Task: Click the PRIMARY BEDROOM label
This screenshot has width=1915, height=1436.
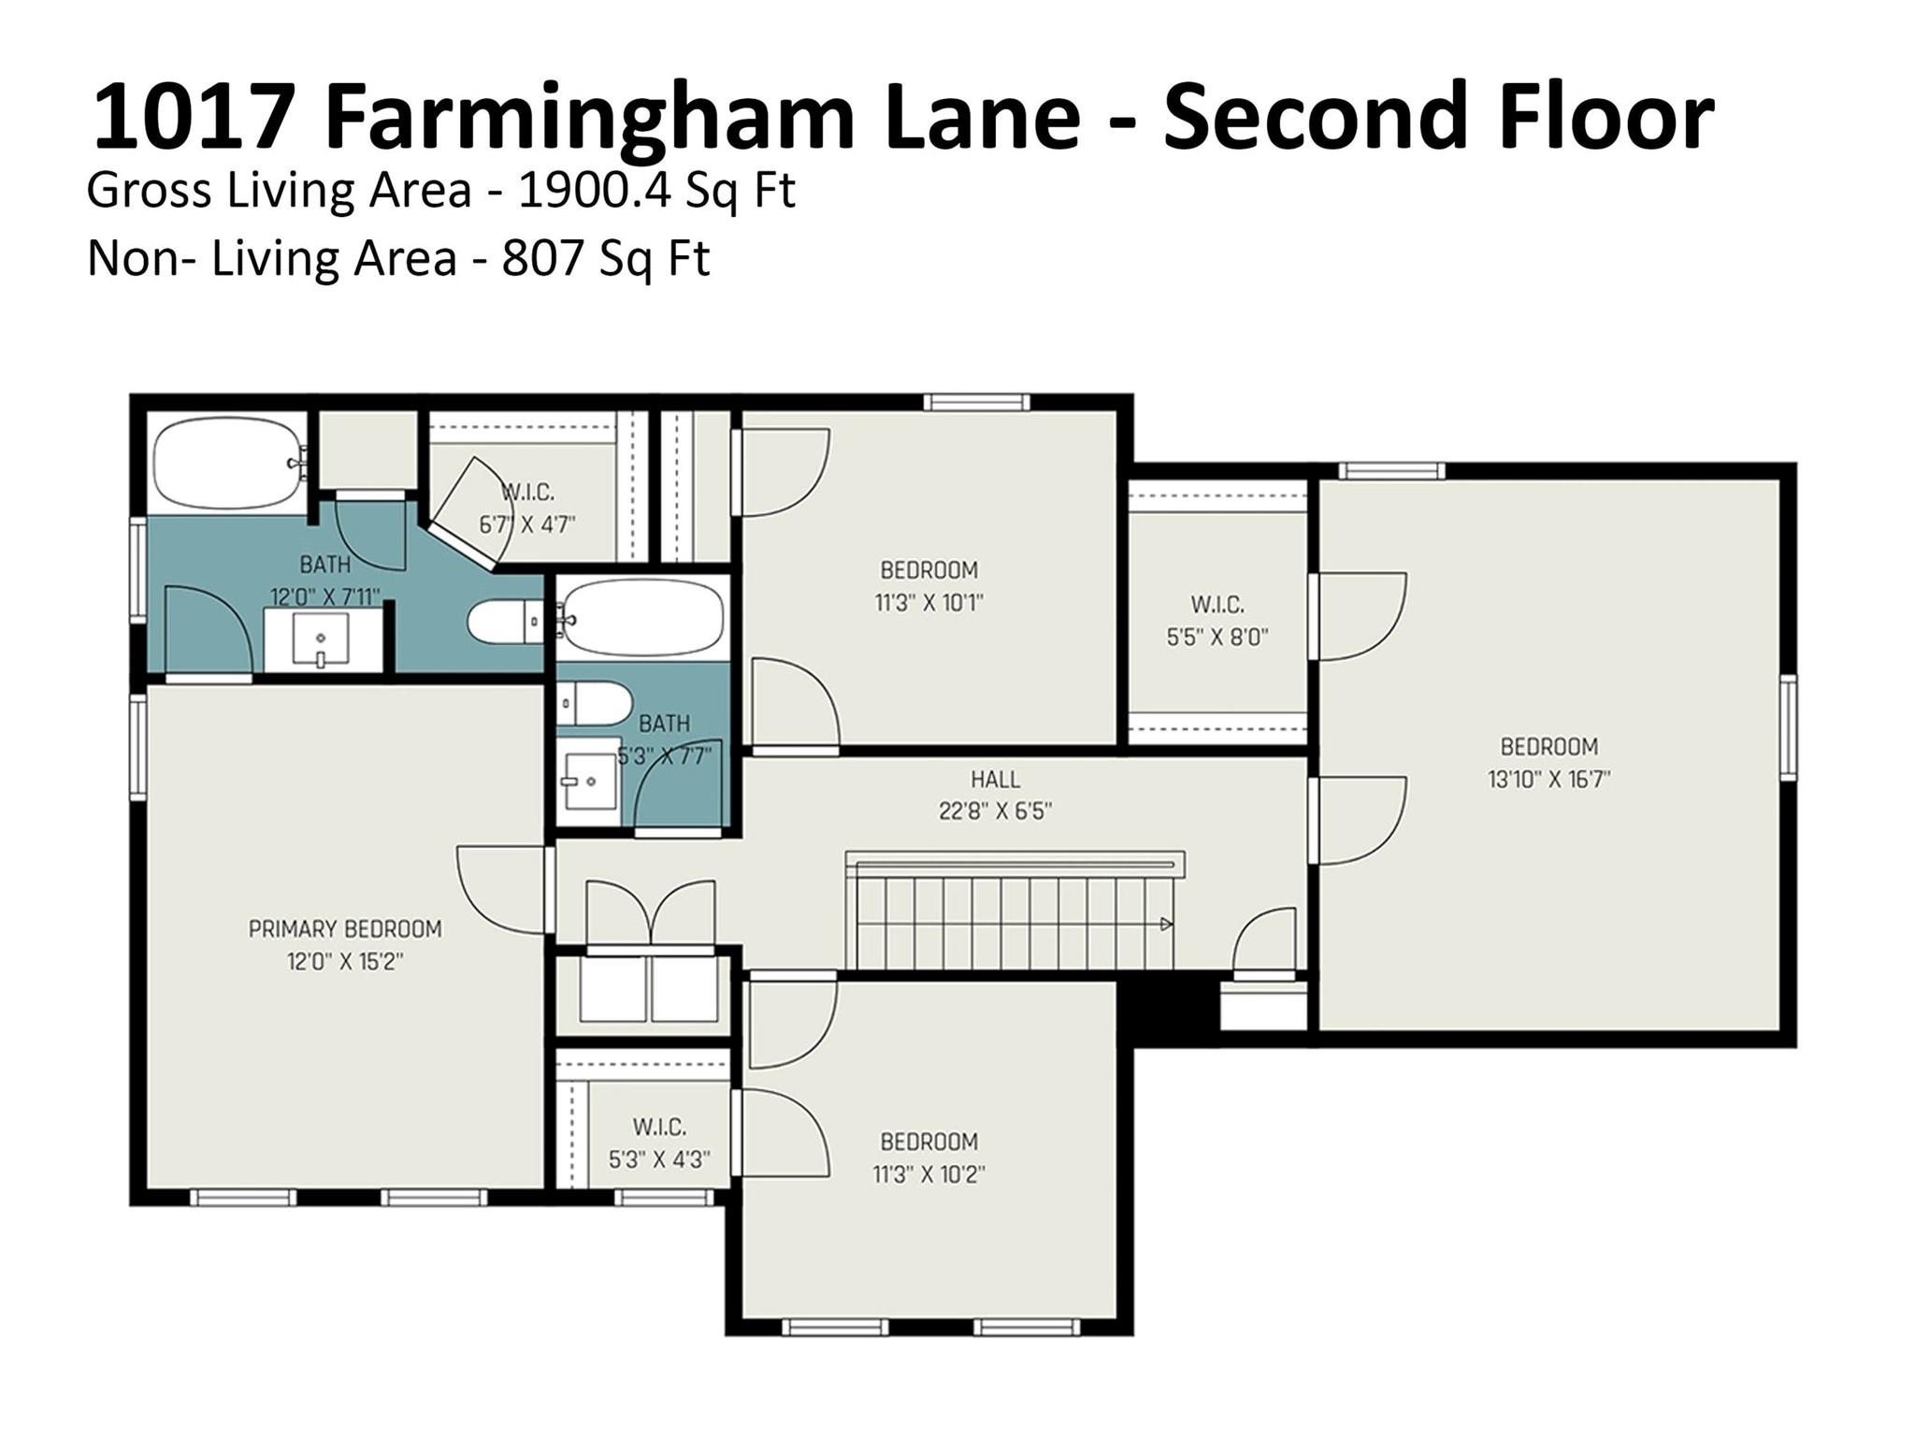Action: click(x=344, y=929)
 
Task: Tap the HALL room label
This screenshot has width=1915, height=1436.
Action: click(x=995, y=779)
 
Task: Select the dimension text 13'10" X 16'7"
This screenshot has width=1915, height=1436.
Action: click(x=1548, y=779)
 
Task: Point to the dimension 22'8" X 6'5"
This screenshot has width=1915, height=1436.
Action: click(x=995, y=811)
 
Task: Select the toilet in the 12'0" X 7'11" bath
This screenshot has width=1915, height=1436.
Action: click(x=505, y=622)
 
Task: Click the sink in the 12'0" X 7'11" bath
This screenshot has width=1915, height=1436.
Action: click(x=321, y=639)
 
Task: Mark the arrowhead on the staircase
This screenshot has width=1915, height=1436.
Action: click(x=1166, y=925)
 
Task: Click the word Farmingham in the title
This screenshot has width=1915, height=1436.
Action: click(x=591, y=116)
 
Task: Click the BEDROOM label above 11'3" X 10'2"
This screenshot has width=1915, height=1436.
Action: click(x=929, y=1142)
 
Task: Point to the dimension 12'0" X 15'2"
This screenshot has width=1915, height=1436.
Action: click(x=344, y=961)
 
